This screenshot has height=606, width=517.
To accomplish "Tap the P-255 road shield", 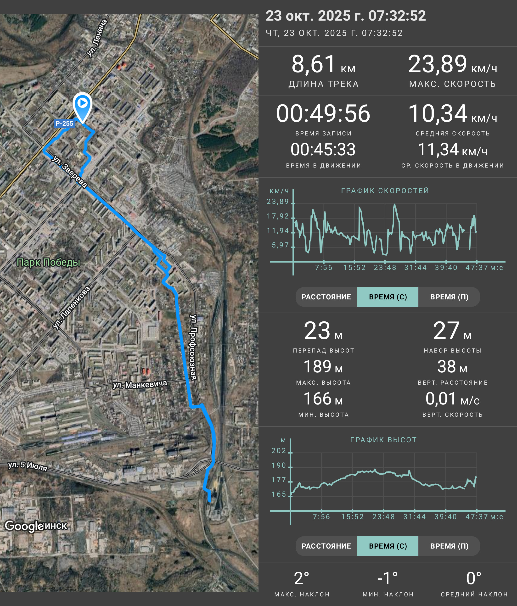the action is coord(64,123).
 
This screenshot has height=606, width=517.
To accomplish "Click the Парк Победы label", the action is coord(48,262).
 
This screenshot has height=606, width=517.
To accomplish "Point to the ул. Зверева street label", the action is coord(70,171).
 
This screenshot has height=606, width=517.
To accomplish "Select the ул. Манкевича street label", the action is coord(140,384).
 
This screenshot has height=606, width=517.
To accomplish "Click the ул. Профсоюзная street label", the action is coord(193,347).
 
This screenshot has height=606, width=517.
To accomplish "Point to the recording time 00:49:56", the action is coord(323,113).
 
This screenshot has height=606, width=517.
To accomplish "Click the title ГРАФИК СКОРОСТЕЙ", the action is coord(385,191).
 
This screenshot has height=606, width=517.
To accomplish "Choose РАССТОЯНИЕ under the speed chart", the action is coord(326,297).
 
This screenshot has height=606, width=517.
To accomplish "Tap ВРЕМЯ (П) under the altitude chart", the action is coord(449,546).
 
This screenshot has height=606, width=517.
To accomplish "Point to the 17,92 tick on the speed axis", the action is coord(277,216).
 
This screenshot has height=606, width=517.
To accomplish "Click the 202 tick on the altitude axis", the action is coord(279,451).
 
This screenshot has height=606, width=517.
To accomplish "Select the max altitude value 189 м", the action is coord(323,366).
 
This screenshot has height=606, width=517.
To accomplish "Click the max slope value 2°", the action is coord(302,578).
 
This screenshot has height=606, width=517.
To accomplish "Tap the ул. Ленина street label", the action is coord(97,38).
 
